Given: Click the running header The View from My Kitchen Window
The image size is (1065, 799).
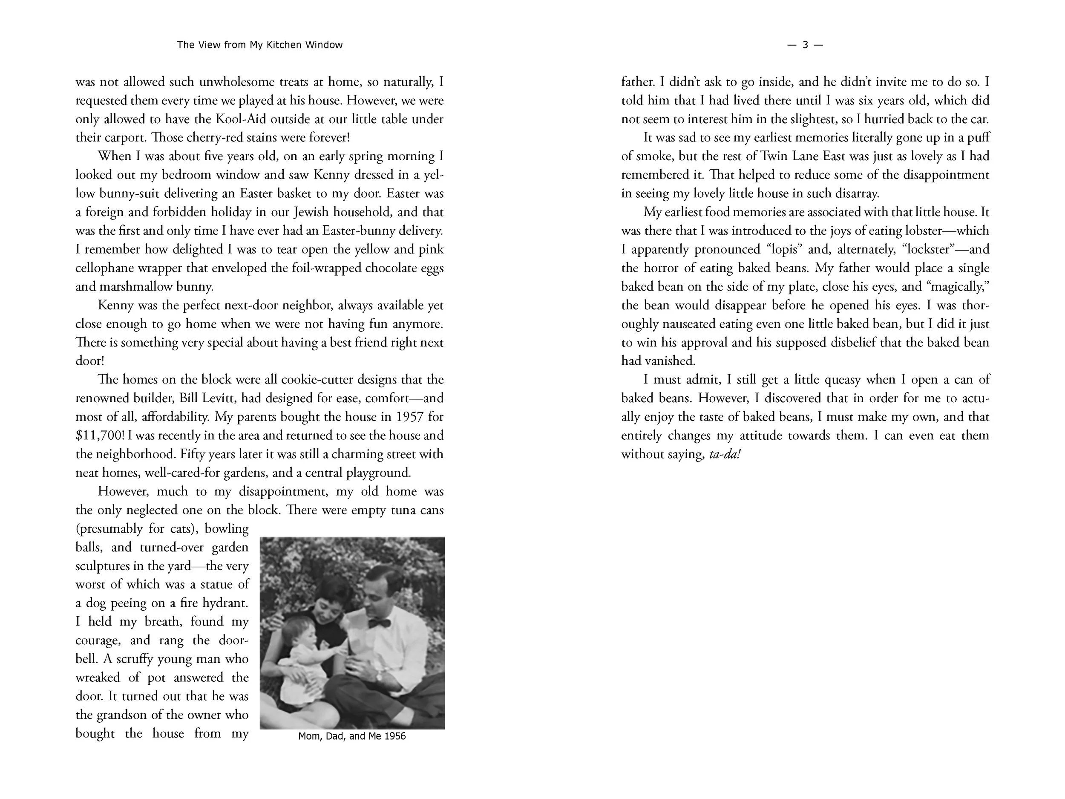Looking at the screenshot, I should (259, 45).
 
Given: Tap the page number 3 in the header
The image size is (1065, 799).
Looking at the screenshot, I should (805, 45).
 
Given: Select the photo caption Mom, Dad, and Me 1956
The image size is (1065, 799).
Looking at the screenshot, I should (352, 736).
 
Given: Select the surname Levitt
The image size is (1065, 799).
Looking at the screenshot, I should (221, 398).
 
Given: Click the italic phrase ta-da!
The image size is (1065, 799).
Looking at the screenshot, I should (725, 454).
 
